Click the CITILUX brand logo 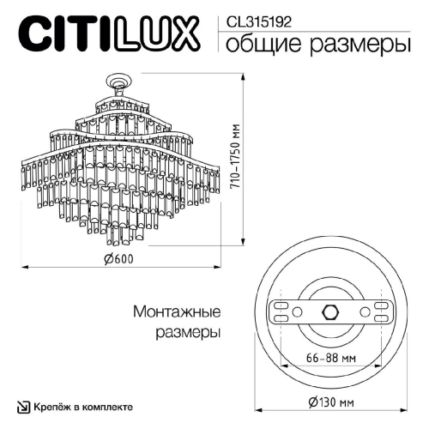click(x=109, y=36)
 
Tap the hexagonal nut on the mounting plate click(x=329, y=311)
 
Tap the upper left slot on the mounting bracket click(x=279, y=303)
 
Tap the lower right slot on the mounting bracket click(x=380, y=318)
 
